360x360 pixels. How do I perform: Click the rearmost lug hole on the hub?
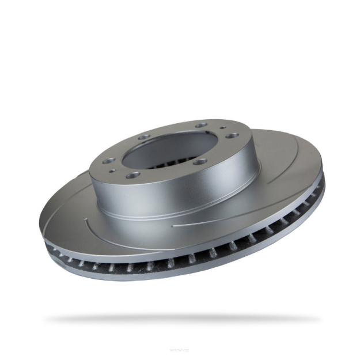201,124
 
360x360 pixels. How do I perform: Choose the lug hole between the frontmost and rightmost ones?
199,161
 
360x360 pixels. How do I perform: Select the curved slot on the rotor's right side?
288,173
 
